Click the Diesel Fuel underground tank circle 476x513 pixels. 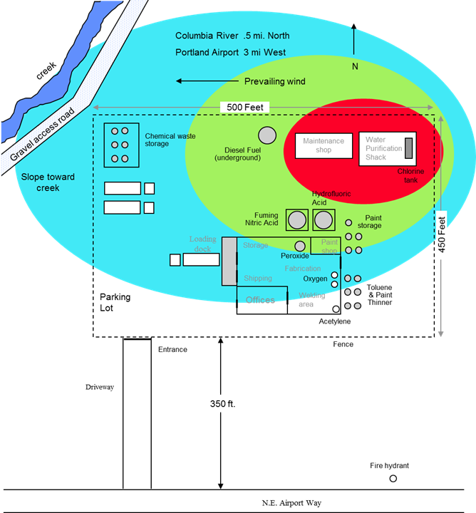267,135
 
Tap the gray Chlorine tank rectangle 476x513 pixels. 409,148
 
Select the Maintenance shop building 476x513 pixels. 324,145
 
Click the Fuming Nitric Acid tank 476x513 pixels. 297,219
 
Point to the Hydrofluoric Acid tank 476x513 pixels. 324,219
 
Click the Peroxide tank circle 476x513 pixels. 300,246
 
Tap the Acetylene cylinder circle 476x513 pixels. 336,310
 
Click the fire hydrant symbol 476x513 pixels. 393,478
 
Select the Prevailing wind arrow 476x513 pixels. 207,81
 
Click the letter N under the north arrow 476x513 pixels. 354,66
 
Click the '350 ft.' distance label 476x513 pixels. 223,403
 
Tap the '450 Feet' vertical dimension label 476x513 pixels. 442,234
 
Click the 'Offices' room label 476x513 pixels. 260,300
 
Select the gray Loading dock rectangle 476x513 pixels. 229,261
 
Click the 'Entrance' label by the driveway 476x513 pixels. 172,349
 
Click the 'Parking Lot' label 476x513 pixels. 115,303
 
